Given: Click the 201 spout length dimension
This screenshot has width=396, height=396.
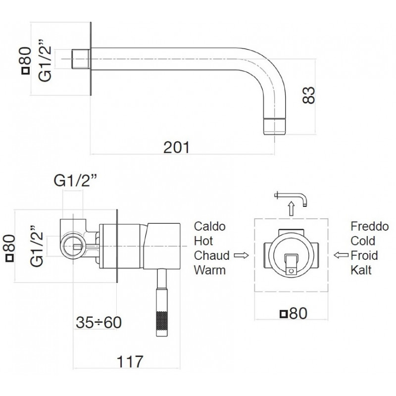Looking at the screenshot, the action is point(176,147).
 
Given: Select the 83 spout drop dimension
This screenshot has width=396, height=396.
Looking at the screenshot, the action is point(309,95).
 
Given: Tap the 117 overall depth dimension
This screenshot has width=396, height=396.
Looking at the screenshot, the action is point(130,361).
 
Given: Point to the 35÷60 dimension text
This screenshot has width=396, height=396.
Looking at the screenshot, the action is point(99,322).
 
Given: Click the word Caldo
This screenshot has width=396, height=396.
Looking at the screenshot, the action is point(209,226).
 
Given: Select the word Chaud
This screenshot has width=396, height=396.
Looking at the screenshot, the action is point(212,255).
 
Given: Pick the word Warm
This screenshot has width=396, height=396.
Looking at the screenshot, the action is point(209,270).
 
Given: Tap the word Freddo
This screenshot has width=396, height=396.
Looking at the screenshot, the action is point(369,226).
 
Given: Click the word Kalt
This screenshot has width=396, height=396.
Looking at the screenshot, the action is point(361,270).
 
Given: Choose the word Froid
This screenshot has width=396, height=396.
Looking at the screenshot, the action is point(364,255).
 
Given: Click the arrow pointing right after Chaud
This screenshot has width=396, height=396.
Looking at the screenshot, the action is point(242,255).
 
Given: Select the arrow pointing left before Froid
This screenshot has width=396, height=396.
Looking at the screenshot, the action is point(341,255).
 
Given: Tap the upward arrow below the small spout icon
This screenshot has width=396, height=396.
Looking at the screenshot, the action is point(292,208).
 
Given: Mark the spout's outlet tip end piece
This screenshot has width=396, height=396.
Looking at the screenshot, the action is point(275,126).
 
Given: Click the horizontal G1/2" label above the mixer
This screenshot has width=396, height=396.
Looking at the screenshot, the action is point(76,181).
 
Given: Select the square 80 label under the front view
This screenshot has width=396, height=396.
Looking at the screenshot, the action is point(294,313).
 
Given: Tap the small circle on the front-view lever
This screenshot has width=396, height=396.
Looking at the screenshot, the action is point(291,271).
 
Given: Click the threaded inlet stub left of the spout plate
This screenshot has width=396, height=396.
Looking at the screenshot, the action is point(81,59).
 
